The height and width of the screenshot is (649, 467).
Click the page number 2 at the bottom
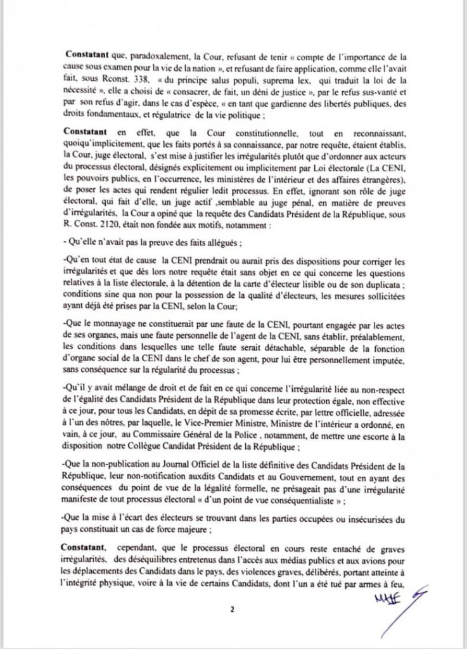point(233,610)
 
